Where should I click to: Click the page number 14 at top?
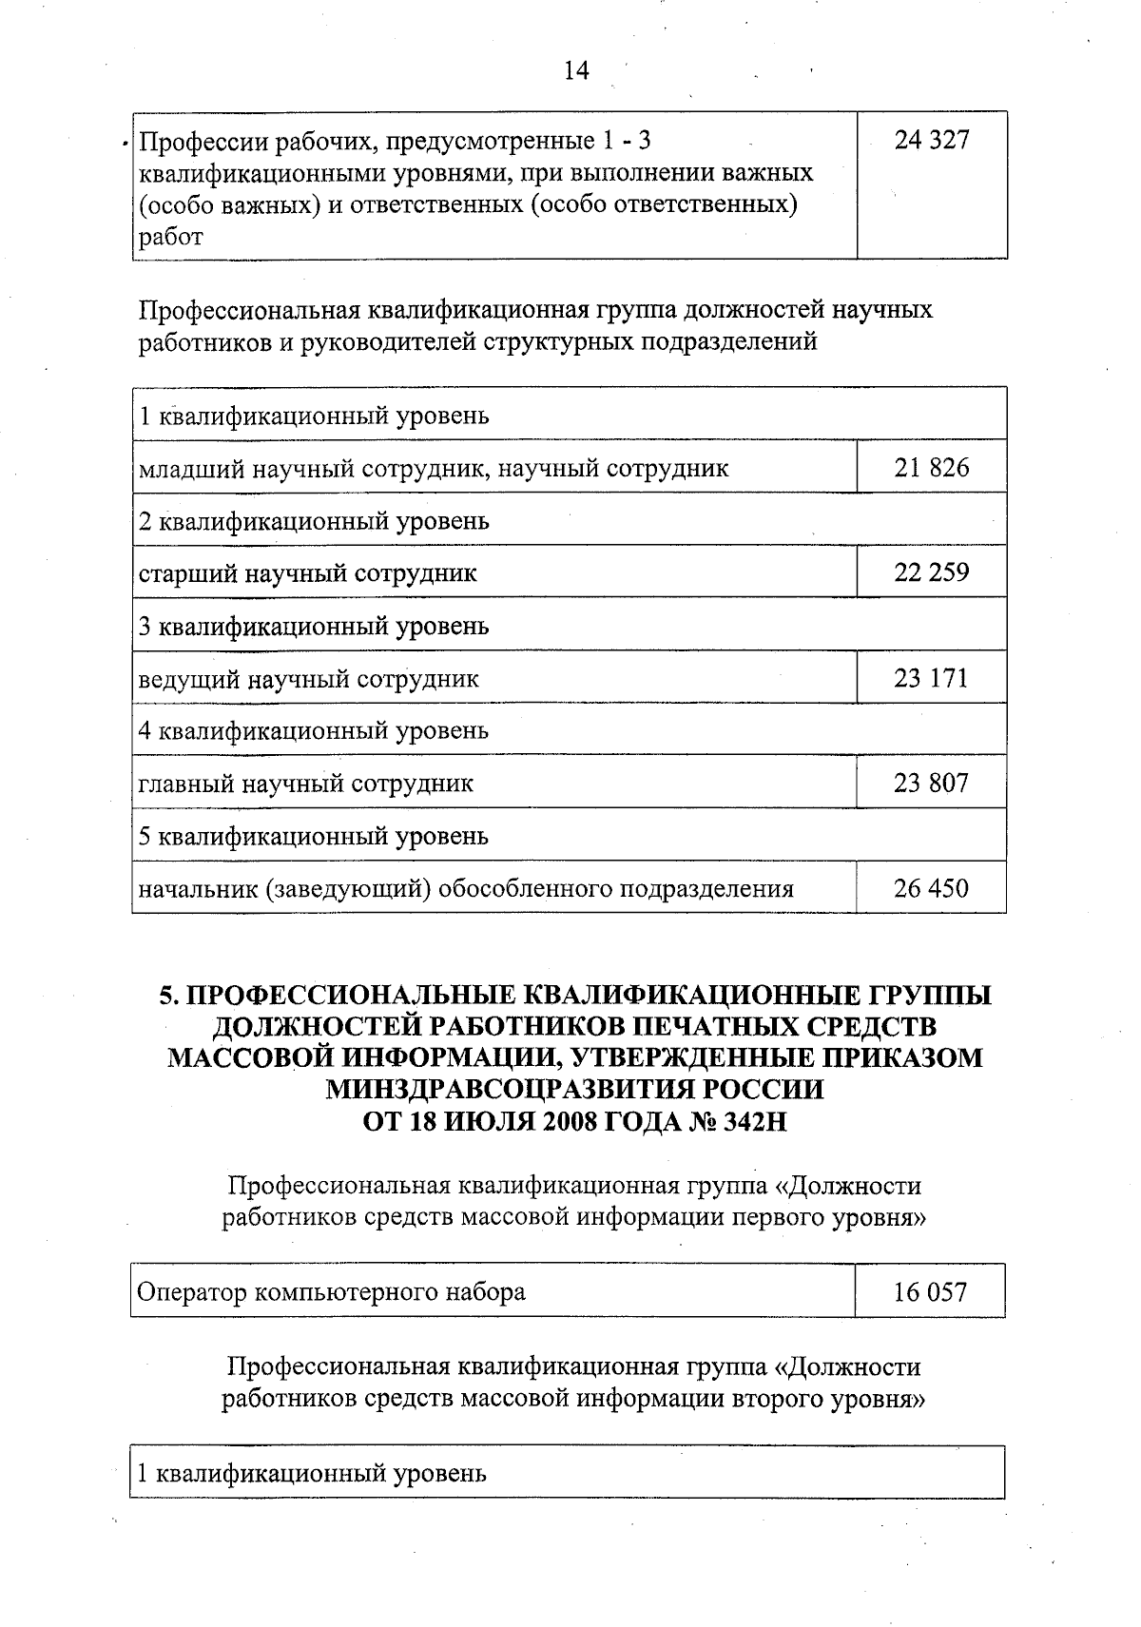pos(576,71)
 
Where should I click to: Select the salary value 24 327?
pos(932,141)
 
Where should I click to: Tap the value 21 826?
pos(932,468)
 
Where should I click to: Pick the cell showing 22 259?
pos(932,572)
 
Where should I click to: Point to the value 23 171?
pos(932,678)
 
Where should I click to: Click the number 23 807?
pos(932,783)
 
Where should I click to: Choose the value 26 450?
pos(932,888)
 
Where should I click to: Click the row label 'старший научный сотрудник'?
pos(308,573)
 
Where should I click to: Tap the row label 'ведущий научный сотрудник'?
pos(309,679)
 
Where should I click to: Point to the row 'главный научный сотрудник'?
pos(306,784)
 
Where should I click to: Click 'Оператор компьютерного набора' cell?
pos(332,1292)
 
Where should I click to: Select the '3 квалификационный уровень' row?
pos(314,626)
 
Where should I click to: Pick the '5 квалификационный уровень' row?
pos(314,836)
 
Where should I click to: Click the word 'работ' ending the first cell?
pos(171,238)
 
